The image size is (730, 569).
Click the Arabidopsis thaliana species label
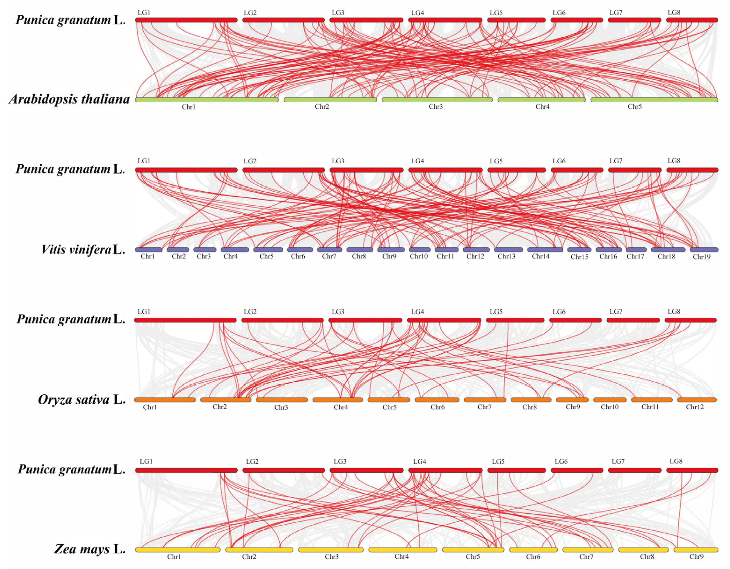coord(69,99)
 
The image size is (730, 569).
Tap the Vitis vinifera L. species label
coord(83,249)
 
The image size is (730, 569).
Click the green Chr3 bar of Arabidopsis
coord(437,100)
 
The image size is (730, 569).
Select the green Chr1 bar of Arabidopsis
coord(207,100)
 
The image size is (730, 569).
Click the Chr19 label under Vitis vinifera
coord(702,257)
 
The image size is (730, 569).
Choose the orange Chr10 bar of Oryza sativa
coord(610,400)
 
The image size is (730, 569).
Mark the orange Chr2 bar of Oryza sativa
coord(226,400)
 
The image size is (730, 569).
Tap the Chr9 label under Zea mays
coord(696,557)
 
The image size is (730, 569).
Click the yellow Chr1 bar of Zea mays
coord(178,550)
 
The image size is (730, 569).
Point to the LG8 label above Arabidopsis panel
coord(674,12)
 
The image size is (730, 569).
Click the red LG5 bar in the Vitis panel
coord(516,170)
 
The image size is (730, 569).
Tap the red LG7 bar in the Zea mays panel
coord(634,470)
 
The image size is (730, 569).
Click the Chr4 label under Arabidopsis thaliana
coord(542,107)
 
